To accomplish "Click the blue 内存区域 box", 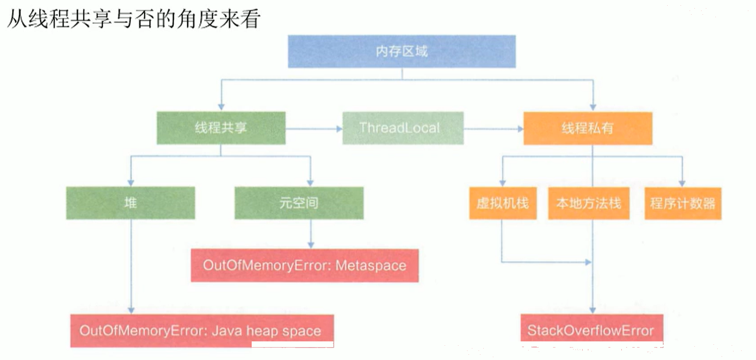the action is pyautogui.click(x=402, y=52).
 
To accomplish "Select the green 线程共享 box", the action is pyautogui.click(x=221, y=128).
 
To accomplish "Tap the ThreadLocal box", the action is pyautogui.click(x=403, y=128).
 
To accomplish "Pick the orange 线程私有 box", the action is pyautogui.click(x=587, y=128).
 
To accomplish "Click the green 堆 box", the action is pyautogui.click(x=130, y=203).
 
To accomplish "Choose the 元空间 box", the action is pyautogui.click(x=299, y=203).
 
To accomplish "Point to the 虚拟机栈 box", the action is pyautogui.click(x=503, y=203).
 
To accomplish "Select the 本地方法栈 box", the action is pyautogui.click(x=588, y=203).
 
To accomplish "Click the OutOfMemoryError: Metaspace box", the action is pyautogui.click(x=305, y=265).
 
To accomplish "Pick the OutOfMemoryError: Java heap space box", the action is pyautogui.click(x=202, y=331).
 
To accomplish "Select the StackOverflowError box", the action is pyautogui.click(x=592, y=330).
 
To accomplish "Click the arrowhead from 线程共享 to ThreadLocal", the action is pyautogui.click(x=340, y=129).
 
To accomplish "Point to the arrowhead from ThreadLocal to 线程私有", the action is pyautogui.click(x=521, y=129).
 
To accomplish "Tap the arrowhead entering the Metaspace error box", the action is pyautogui.click(x=311, y=245).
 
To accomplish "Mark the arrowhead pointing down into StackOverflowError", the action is pyautogui.click(x=592, y=310).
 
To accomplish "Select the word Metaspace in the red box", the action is pyautogui.click(x=371, y=266).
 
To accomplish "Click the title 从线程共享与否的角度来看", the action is pyautogui.click(x=134, y=19).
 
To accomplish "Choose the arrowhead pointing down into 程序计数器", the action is pyautogui.click(x=682, y=184).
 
